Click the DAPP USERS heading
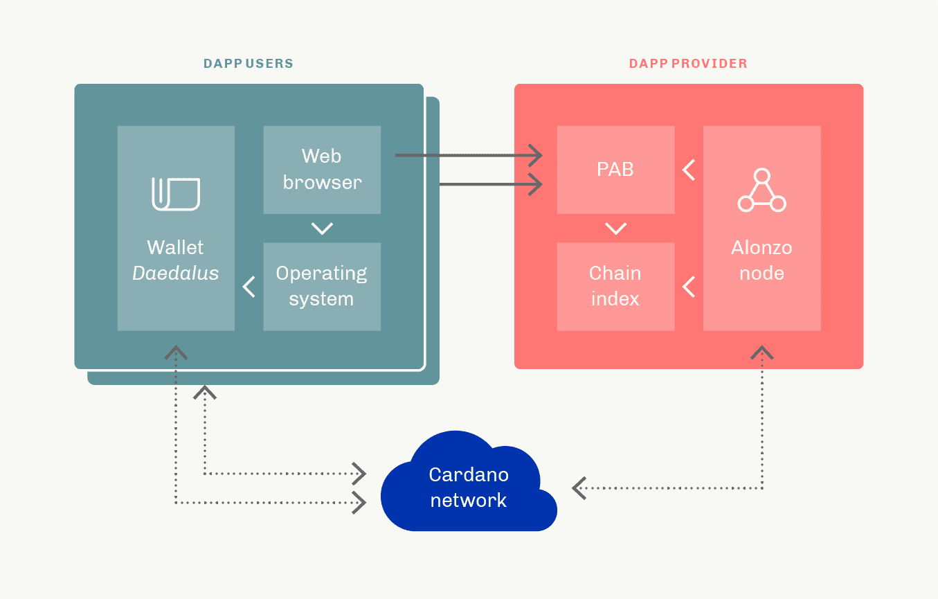tap(248, 64)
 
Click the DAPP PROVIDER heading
tap(687, 64)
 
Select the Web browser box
tap(322, 170)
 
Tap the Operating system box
tap(322, 286)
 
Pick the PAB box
tap(615, 170)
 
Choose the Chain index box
tap(615, 286)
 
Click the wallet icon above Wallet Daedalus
tap(176, 194)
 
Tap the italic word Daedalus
tap(176, 274)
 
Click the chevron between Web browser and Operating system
tap(322, 228)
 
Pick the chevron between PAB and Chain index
tap(615, 228)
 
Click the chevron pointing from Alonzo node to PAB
tap(689, 170)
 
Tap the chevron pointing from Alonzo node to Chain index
tap(689, 286)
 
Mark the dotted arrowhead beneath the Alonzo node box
tap(762, 352)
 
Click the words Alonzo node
tap(761, 260)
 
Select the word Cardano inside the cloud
tap(469, 474)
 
